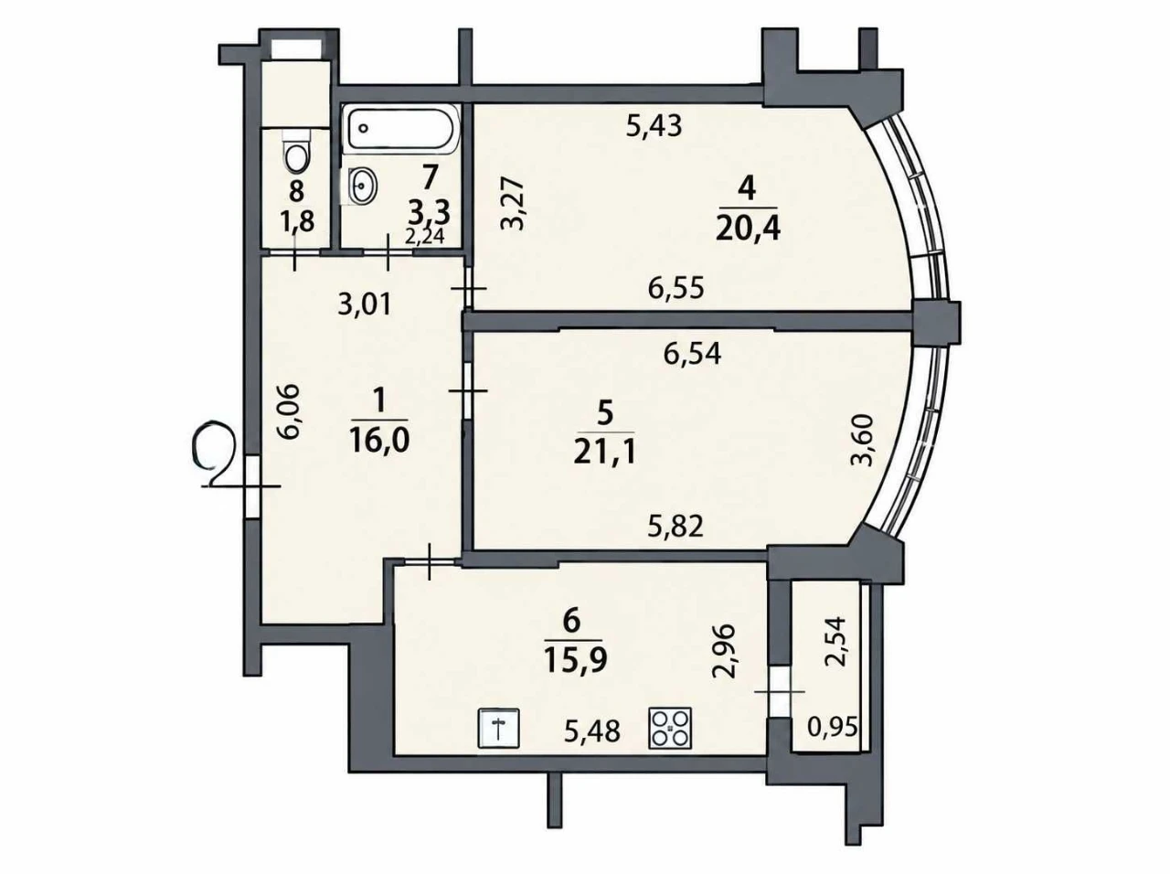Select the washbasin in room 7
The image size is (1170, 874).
tap(363, 186)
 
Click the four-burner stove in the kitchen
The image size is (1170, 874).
tap(670, 728)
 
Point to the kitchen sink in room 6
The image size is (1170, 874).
tap(499, 728)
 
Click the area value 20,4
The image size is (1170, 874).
tap(748, 229)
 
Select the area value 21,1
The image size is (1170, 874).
tap(604, 453)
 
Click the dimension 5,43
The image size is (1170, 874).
tap(654, 127)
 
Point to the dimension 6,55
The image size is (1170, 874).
tap(676, 289)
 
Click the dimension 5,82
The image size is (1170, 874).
tap(675, 527)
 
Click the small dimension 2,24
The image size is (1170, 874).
tap(425, 236)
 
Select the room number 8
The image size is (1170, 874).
tap(296, 191)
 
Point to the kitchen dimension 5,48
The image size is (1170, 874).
tap(592, 733)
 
